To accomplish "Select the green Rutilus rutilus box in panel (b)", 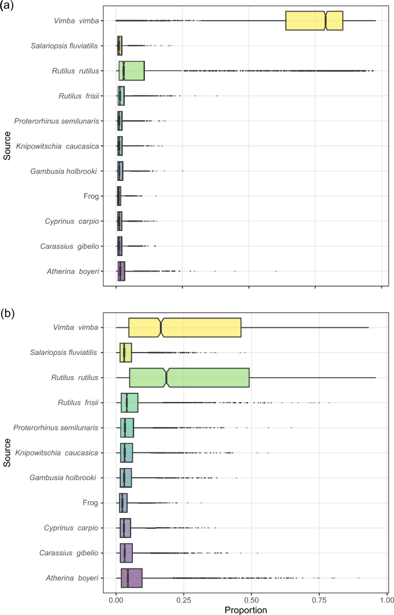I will coord(196,377).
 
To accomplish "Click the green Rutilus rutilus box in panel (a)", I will coord(132,71).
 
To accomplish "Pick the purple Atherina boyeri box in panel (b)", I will coord(132,578).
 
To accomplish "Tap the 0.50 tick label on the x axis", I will coord(249,597).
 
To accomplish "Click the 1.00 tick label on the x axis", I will coord(382,597).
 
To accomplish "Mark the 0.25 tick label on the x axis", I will coord(183,597).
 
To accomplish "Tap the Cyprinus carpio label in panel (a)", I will coord(73,221).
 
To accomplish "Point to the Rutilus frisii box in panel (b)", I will coord(129,403).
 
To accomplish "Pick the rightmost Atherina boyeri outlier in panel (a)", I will coord(276,271).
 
